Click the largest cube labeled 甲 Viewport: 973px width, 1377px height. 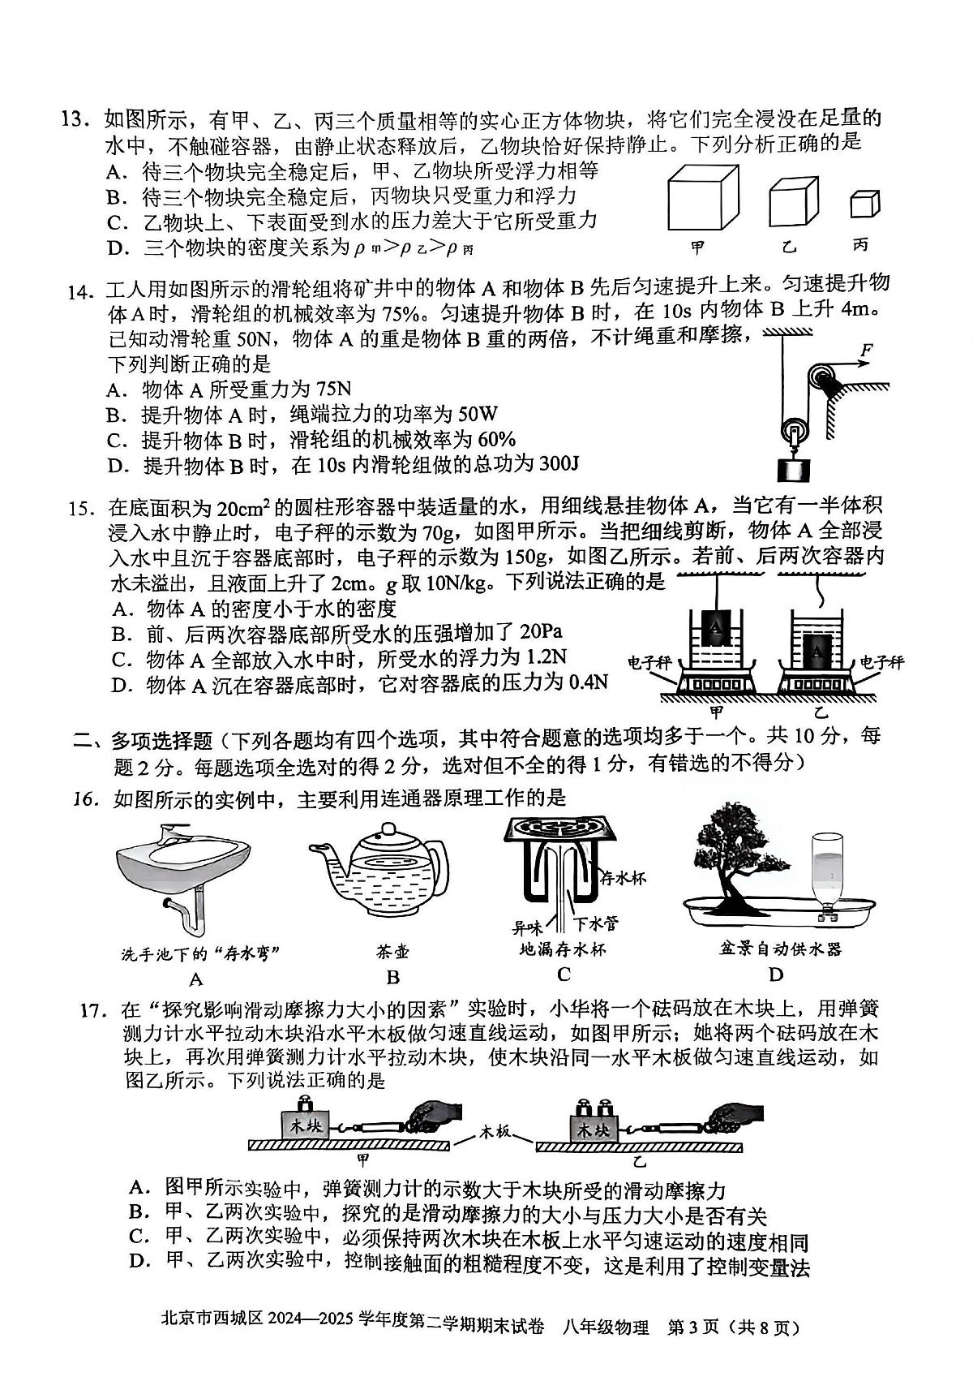point(703,199)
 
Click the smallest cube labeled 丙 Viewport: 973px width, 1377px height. point(864,205)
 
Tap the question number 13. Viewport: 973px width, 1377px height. point(79,120)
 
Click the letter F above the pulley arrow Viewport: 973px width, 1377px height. point(866,351)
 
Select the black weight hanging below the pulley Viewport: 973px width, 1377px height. point(794,468)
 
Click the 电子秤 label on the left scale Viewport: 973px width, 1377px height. point(651,662)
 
